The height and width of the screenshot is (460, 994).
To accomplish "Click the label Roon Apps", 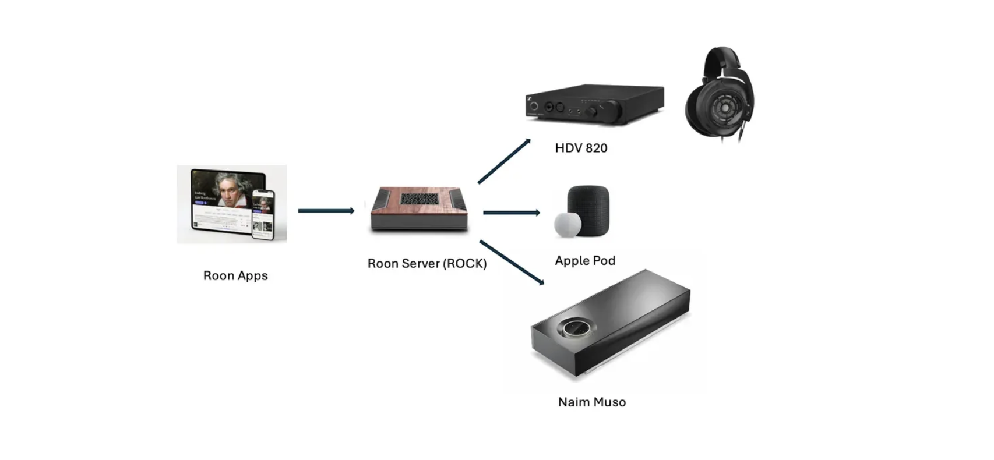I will (235, 275).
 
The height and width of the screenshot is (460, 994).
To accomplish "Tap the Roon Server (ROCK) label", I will (426, 263).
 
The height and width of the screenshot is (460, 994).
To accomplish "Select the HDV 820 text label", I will (581, 148).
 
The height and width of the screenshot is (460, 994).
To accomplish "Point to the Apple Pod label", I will (585, 260).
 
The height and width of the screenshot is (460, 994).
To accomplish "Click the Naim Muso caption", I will (592, 402).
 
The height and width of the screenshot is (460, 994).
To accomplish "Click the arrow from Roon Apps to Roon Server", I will (326, 211).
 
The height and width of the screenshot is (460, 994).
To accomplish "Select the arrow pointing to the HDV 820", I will (504, 161).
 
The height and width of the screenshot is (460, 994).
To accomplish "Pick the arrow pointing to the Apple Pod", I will (511, 213).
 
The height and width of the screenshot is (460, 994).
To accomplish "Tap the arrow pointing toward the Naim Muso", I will (511, 262).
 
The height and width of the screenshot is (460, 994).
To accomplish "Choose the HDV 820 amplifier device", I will (594, 105).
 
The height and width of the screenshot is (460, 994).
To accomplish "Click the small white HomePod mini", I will (568, 225).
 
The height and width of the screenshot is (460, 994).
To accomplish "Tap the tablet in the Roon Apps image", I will (224, 201).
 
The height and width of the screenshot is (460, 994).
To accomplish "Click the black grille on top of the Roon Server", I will (420, 198).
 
